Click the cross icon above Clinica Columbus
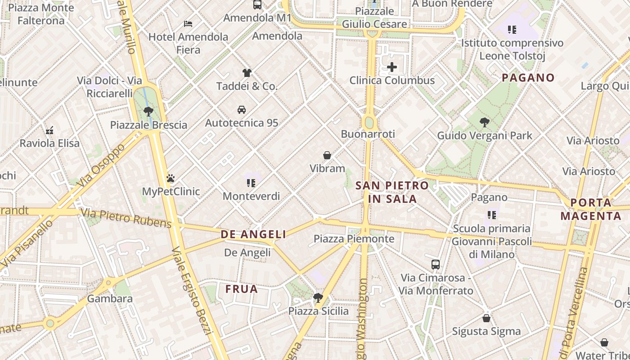(392, 67)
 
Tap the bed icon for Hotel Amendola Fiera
(188, 23)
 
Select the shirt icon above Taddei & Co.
(247, 73)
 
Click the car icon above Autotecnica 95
(242, 110)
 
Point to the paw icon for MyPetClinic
(171, 178)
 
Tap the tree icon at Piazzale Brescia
(148, 112)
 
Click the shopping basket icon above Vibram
(327, 155)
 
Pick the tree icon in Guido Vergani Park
(485, 122)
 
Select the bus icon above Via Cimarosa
(436, 264)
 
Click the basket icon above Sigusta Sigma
(486, 318)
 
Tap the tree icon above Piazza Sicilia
(318, 297)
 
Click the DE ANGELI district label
(253, 234)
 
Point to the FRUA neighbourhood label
(242, 289)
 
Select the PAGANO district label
(528, 77)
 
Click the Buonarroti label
(368, 134)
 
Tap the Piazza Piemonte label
(354, 238)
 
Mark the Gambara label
(110, 298)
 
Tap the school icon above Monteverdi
(251, 183)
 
